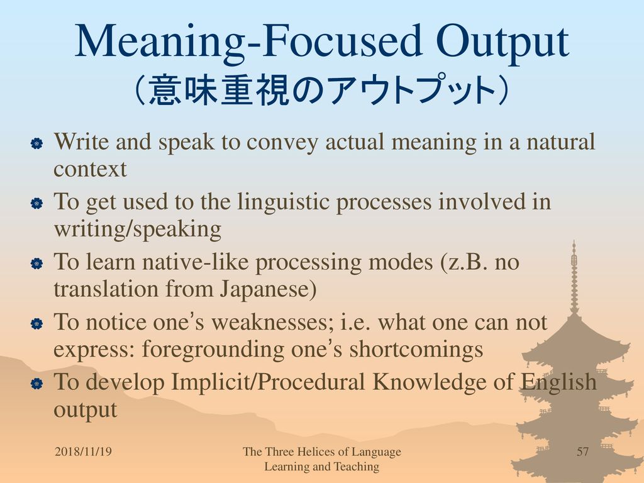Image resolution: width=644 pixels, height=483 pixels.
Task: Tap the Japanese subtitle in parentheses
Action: pyautogui.click(x=322, y=91)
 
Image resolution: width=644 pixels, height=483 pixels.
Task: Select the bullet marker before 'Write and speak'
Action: pyautogui.click(x=36, y=143)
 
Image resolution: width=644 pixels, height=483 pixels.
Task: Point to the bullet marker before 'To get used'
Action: pyautogui.click(x=36, y=203)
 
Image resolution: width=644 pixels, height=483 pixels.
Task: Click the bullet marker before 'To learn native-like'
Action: pyautogui.click(x=36, y=264)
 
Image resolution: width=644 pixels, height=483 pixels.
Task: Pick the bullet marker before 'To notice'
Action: pyautogui.click(x=36, y=324)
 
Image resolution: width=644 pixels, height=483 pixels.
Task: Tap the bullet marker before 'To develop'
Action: pyautogui.click(x=36, y=384)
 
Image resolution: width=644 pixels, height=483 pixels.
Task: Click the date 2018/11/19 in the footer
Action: pyautogui.click(x=83, y=452)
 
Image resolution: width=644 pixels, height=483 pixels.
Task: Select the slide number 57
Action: pyautogui.click(x=582, y=452)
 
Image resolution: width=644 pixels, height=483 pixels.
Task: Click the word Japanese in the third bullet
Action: pyautogui.click(x=265, y=289)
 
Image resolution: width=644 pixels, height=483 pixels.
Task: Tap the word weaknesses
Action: pyautogui.click(x=272, y=323)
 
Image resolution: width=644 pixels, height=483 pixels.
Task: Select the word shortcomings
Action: pyautogui.click(x=416, y=350)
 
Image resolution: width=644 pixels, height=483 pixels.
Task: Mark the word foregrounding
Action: pyautogui.click(x=213, y=350)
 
